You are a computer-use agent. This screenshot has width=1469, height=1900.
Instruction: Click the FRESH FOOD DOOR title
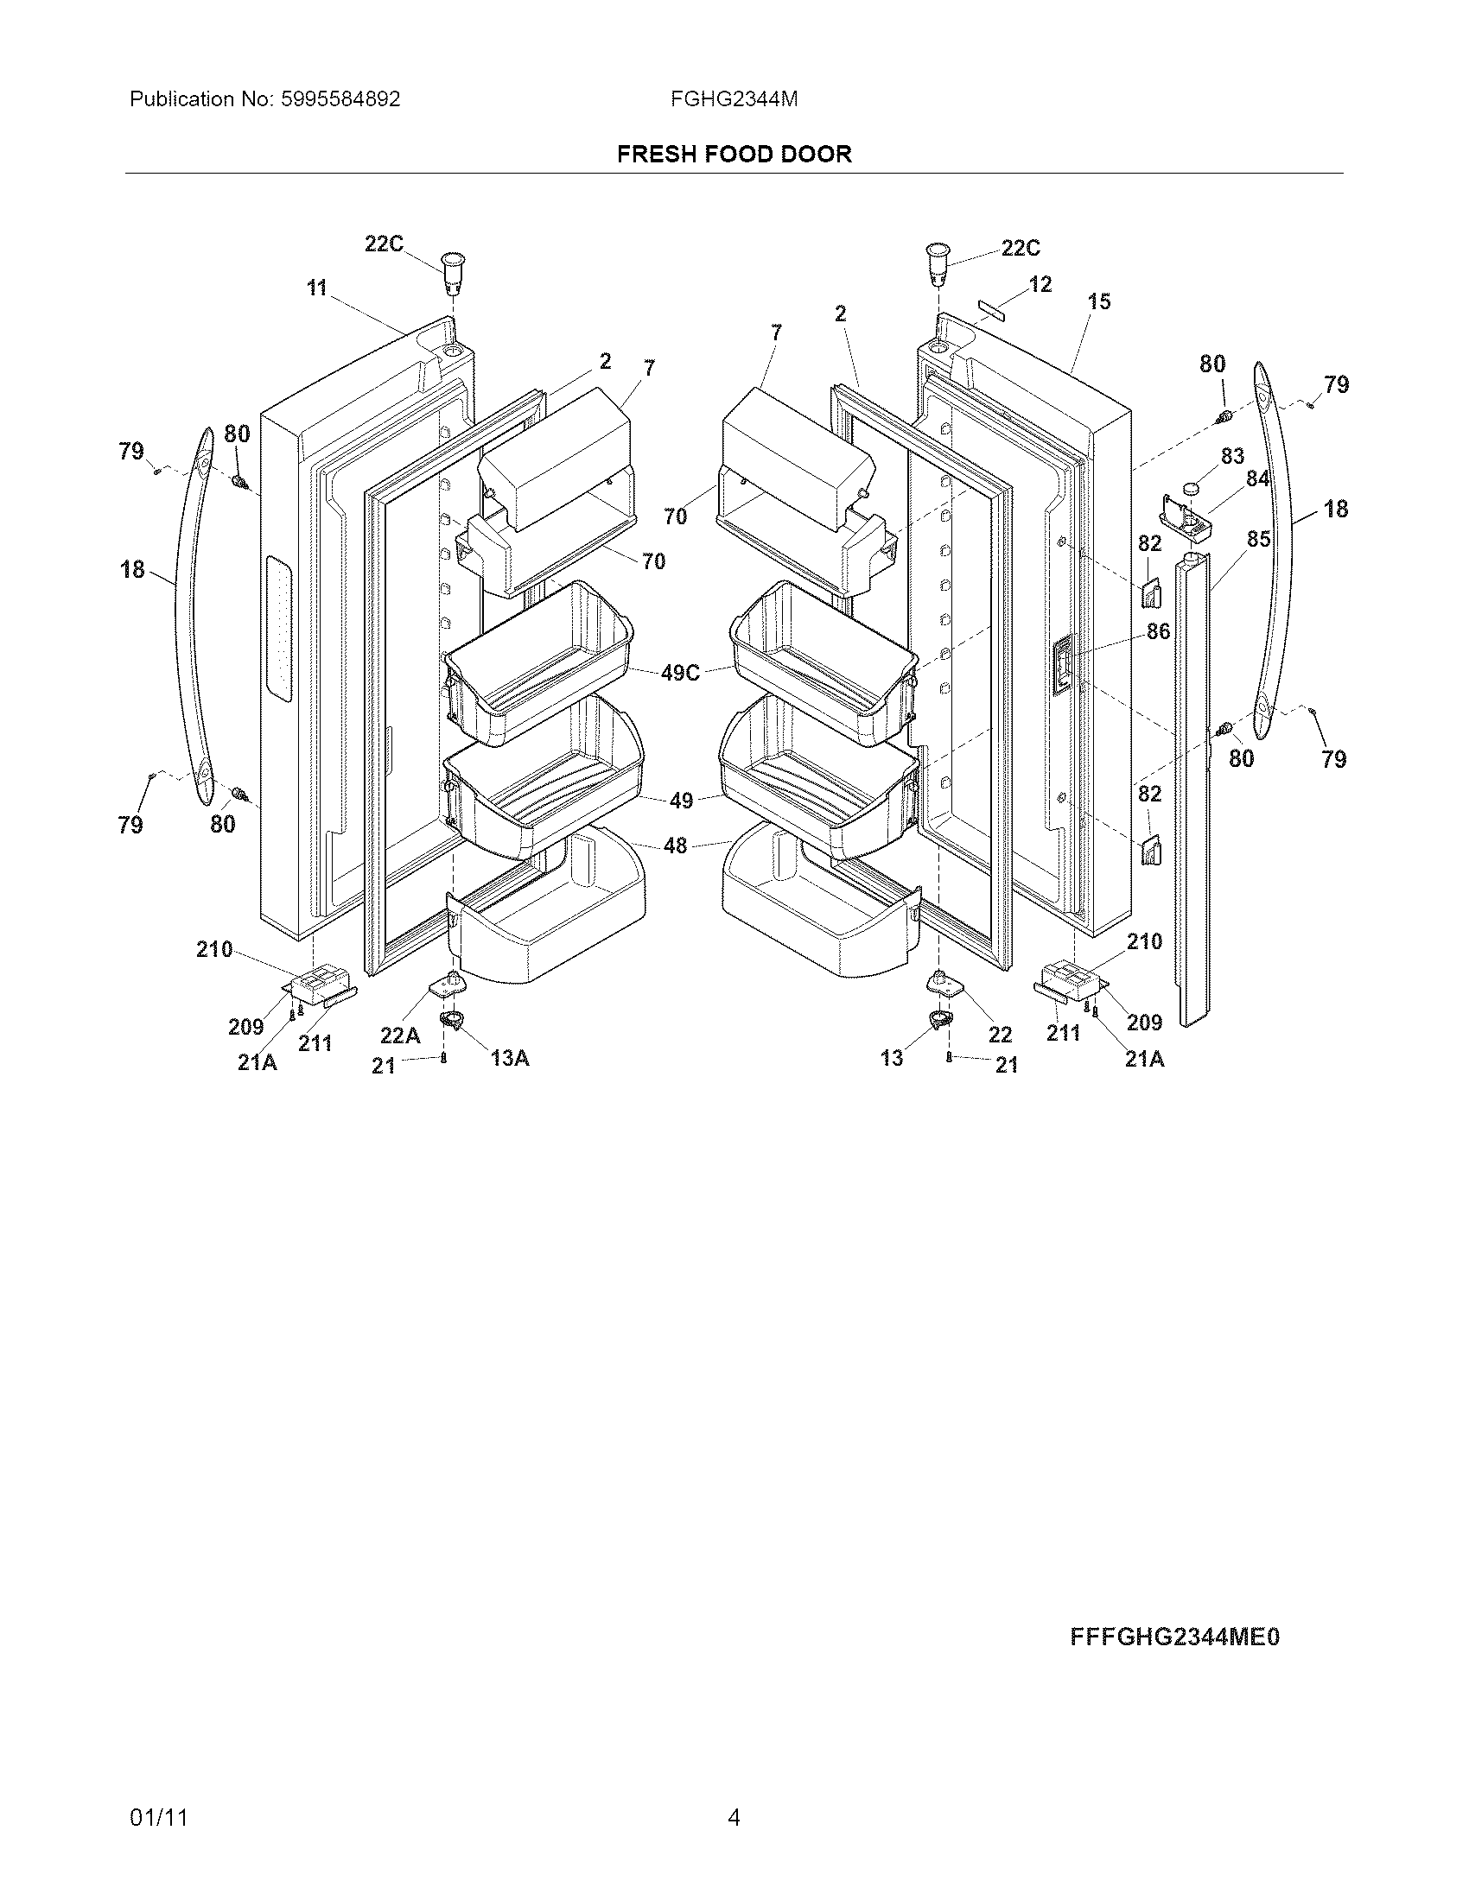(734, 154)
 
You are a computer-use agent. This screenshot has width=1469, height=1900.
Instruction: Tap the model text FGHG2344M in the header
(734, 99)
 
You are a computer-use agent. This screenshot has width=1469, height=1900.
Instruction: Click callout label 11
(317, 288)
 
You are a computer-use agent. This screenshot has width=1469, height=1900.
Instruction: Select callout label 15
(1099, 302)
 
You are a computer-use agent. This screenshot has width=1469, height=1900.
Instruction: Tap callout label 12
(1040, 284)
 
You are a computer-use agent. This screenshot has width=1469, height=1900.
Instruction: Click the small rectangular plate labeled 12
(993, 309)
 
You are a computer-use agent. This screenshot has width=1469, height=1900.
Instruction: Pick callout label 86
(1158, 631)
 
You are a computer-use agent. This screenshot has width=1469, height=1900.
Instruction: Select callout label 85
(1257, 540)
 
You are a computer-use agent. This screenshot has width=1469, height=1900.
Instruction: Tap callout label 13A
(510, 1058)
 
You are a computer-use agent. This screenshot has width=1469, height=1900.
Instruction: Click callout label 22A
(399, 1035)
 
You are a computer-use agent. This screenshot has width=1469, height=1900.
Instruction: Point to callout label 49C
(680, 673)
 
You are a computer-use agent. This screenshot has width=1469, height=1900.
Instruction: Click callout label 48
(676, 845)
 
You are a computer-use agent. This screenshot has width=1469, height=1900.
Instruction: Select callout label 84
(1257, 478)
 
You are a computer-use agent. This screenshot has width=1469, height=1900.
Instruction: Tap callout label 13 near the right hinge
(891, 1058)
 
